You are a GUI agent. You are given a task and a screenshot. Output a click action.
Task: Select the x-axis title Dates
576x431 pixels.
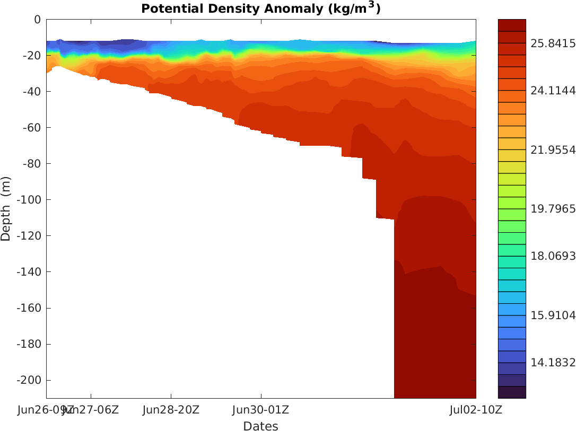pos(260,426)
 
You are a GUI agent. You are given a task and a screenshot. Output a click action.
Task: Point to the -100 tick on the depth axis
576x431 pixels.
pos(29,200)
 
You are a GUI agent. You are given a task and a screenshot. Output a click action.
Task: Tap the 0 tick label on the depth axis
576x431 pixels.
pos(37,20)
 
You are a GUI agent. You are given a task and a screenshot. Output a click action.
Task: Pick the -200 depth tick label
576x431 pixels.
pos(29,381)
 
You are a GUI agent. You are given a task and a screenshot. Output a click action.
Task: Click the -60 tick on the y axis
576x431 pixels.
pos(31,128)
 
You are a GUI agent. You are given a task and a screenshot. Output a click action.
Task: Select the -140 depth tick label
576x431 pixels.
pos(29,272)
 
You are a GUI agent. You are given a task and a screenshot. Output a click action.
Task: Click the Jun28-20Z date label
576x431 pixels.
pos(171,410)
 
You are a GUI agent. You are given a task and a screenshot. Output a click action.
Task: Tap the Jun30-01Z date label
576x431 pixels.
pos(261,410)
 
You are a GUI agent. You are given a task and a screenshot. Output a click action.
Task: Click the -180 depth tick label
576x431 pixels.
pos(29,345)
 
